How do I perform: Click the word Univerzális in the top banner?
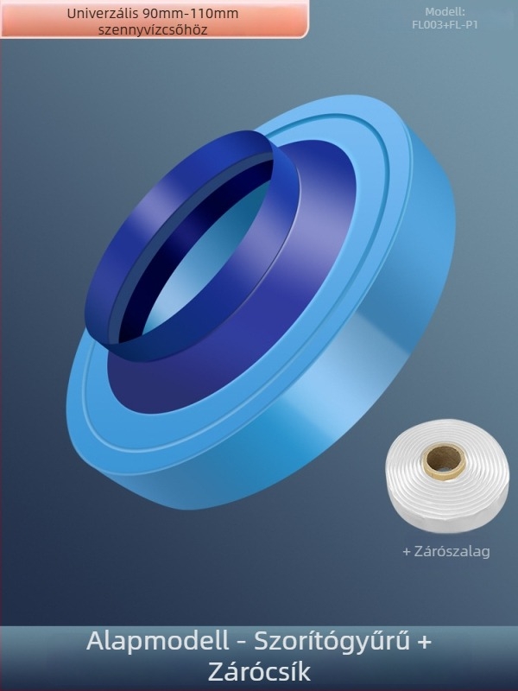(x=103, y=14)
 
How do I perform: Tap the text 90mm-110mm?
(x=191, y=14)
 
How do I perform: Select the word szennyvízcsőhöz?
(x=153, y=30)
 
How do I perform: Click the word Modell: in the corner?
(x=445, y=12)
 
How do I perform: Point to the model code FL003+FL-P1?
(x=445, y=25)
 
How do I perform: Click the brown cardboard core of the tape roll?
(x=444, y=460)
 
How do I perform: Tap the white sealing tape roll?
(x=446, y=476)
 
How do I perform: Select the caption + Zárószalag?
(x=446, y=551)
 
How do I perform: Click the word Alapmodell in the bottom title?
(x=157, y=641)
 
